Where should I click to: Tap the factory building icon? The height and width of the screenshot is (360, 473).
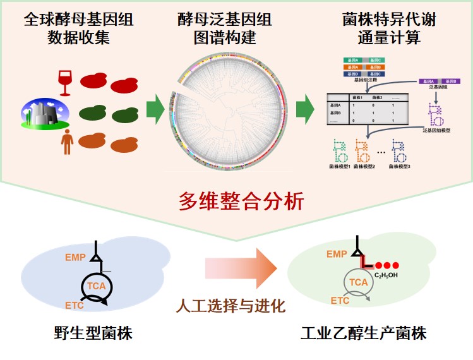pos(44,112)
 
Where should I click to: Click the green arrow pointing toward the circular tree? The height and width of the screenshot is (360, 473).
pos(155,112)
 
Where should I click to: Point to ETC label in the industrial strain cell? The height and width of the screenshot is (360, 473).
pos(340,301)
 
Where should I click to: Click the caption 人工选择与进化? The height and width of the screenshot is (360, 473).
pos(231,307)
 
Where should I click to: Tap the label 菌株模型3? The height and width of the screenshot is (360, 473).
pos(400,166)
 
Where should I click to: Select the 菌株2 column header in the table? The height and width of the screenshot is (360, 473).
pos(378,98)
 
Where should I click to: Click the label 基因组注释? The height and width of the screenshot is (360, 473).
pos(363,82)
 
